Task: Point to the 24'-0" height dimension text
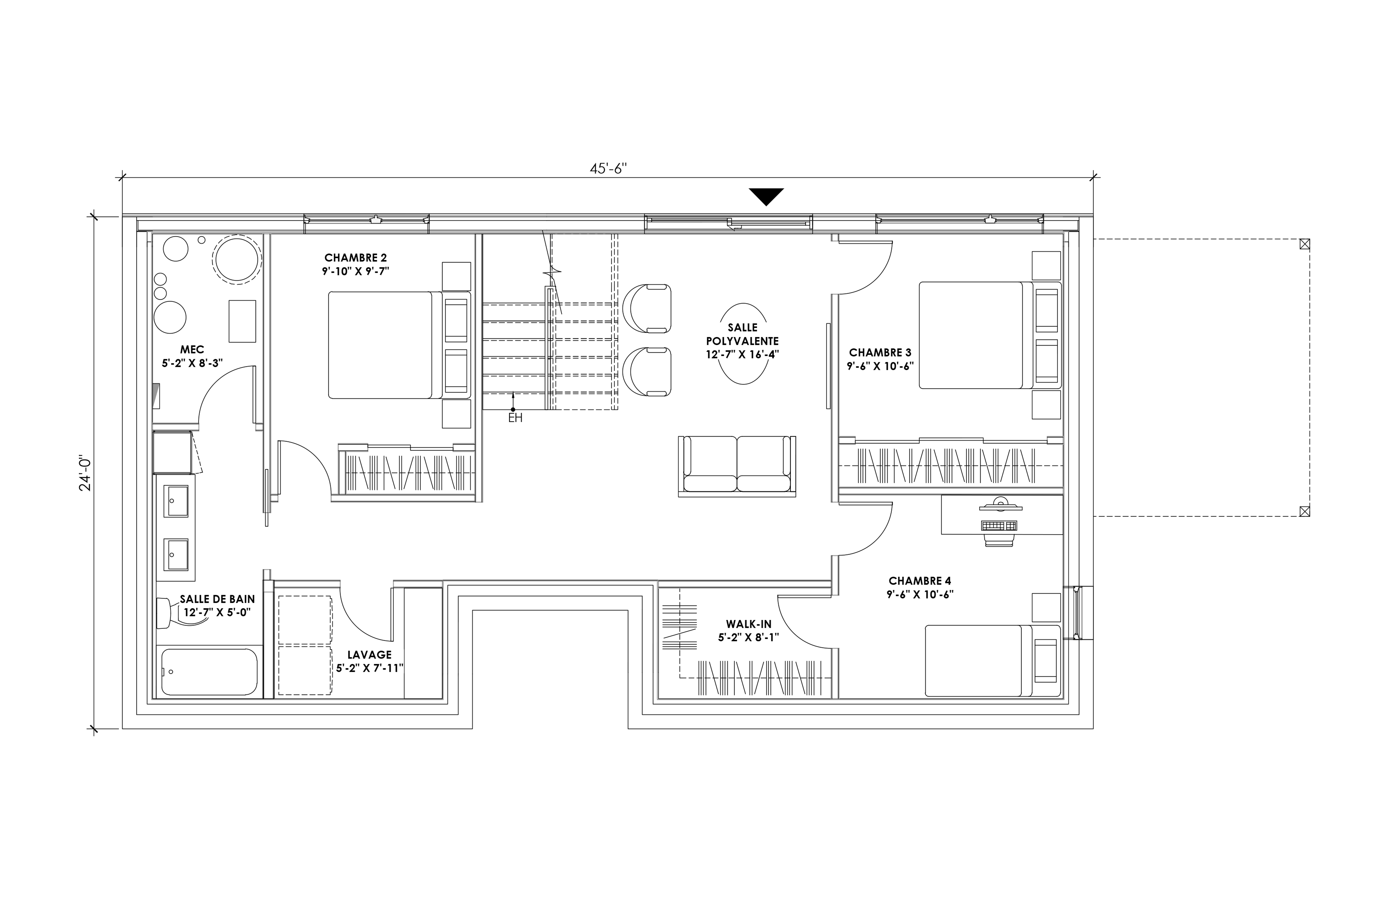(x=86, y=473)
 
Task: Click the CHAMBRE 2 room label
(x=355, y=257)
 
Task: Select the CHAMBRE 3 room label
(x=880, y=353)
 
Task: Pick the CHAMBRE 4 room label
(x=920, y=581)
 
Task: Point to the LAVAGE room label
(x=369, y=655)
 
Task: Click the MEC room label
(x=192, y=350)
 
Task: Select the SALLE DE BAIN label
(x=217, y=599)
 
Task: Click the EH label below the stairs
(x=515, y=418)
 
